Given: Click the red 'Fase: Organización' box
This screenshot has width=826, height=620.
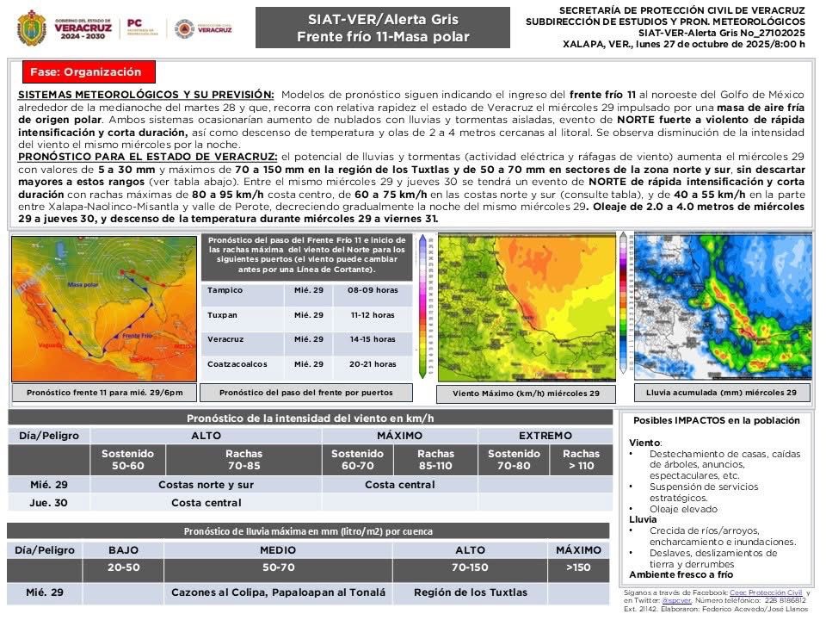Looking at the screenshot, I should point(83,71).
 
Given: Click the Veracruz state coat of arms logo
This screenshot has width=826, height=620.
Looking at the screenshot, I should point(32,28).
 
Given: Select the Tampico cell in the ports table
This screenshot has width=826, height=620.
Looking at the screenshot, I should point(225,290).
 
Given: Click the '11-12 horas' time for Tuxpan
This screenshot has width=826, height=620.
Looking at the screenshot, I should point(373,315).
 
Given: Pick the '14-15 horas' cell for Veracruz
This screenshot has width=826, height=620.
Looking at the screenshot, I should point(373,339).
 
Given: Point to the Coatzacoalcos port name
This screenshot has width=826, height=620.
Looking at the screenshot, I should point(237,364).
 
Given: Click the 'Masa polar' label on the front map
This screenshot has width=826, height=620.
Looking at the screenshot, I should point(83,285).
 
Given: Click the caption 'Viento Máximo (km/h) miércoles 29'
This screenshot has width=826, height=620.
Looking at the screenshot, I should point(527,394).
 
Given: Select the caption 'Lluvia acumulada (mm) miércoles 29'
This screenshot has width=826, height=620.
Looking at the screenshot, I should point(716,393).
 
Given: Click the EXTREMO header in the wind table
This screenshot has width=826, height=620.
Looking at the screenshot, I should point(545,436).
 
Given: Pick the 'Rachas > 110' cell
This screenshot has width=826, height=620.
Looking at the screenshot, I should point(581,460).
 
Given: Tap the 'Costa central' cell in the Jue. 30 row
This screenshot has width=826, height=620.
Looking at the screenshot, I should point(206,502).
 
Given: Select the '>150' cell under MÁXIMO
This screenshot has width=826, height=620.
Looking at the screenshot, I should point(578,568).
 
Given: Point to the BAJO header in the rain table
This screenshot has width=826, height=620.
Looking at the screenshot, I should point(123,550).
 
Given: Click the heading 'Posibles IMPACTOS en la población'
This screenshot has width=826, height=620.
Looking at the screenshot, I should point(716,420).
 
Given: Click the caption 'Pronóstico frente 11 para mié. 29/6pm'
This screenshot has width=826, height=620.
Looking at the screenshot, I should point(104,393).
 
